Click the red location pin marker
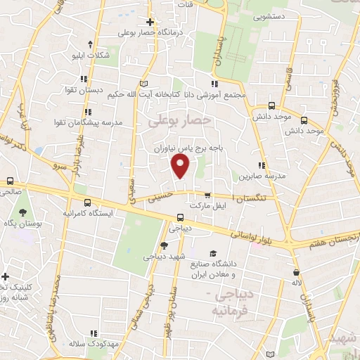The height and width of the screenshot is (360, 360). tap(181, 167)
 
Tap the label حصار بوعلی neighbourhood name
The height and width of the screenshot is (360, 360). tap(179, 122)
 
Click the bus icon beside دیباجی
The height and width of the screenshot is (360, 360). tap(181, 217)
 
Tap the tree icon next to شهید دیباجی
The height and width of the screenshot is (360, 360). tap(164, 245)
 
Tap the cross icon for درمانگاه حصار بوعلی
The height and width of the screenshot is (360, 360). tap(150, 22)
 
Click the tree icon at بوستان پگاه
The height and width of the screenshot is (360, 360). tap(22, 212)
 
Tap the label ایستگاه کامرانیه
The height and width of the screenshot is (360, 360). tap(87, 212)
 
